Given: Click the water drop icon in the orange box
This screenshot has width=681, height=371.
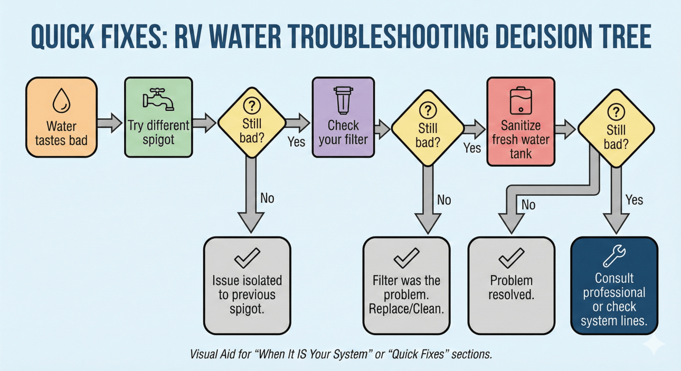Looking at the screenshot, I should tap(61, 100).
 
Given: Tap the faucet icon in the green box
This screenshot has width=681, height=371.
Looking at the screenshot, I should tap(158, 100).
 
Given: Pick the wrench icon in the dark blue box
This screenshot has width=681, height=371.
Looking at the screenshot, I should tap(614, 256).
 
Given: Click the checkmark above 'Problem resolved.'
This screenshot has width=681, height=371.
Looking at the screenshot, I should tap(511, 259).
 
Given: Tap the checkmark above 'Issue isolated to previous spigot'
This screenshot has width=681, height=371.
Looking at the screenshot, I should tap(247, 259).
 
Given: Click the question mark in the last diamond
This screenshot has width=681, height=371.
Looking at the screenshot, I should tap(616, 111).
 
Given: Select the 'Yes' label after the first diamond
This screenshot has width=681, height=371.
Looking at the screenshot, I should tap(297, 141).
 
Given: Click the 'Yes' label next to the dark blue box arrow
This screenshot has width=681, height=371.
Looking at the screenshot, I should tap(635, 199).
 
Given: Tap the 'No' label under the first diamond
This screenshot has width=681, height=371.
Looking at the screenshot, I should tap(268, 199).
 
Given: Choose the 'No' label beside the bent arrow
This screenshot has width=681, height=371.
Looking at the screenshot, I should tap(528, 204).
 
